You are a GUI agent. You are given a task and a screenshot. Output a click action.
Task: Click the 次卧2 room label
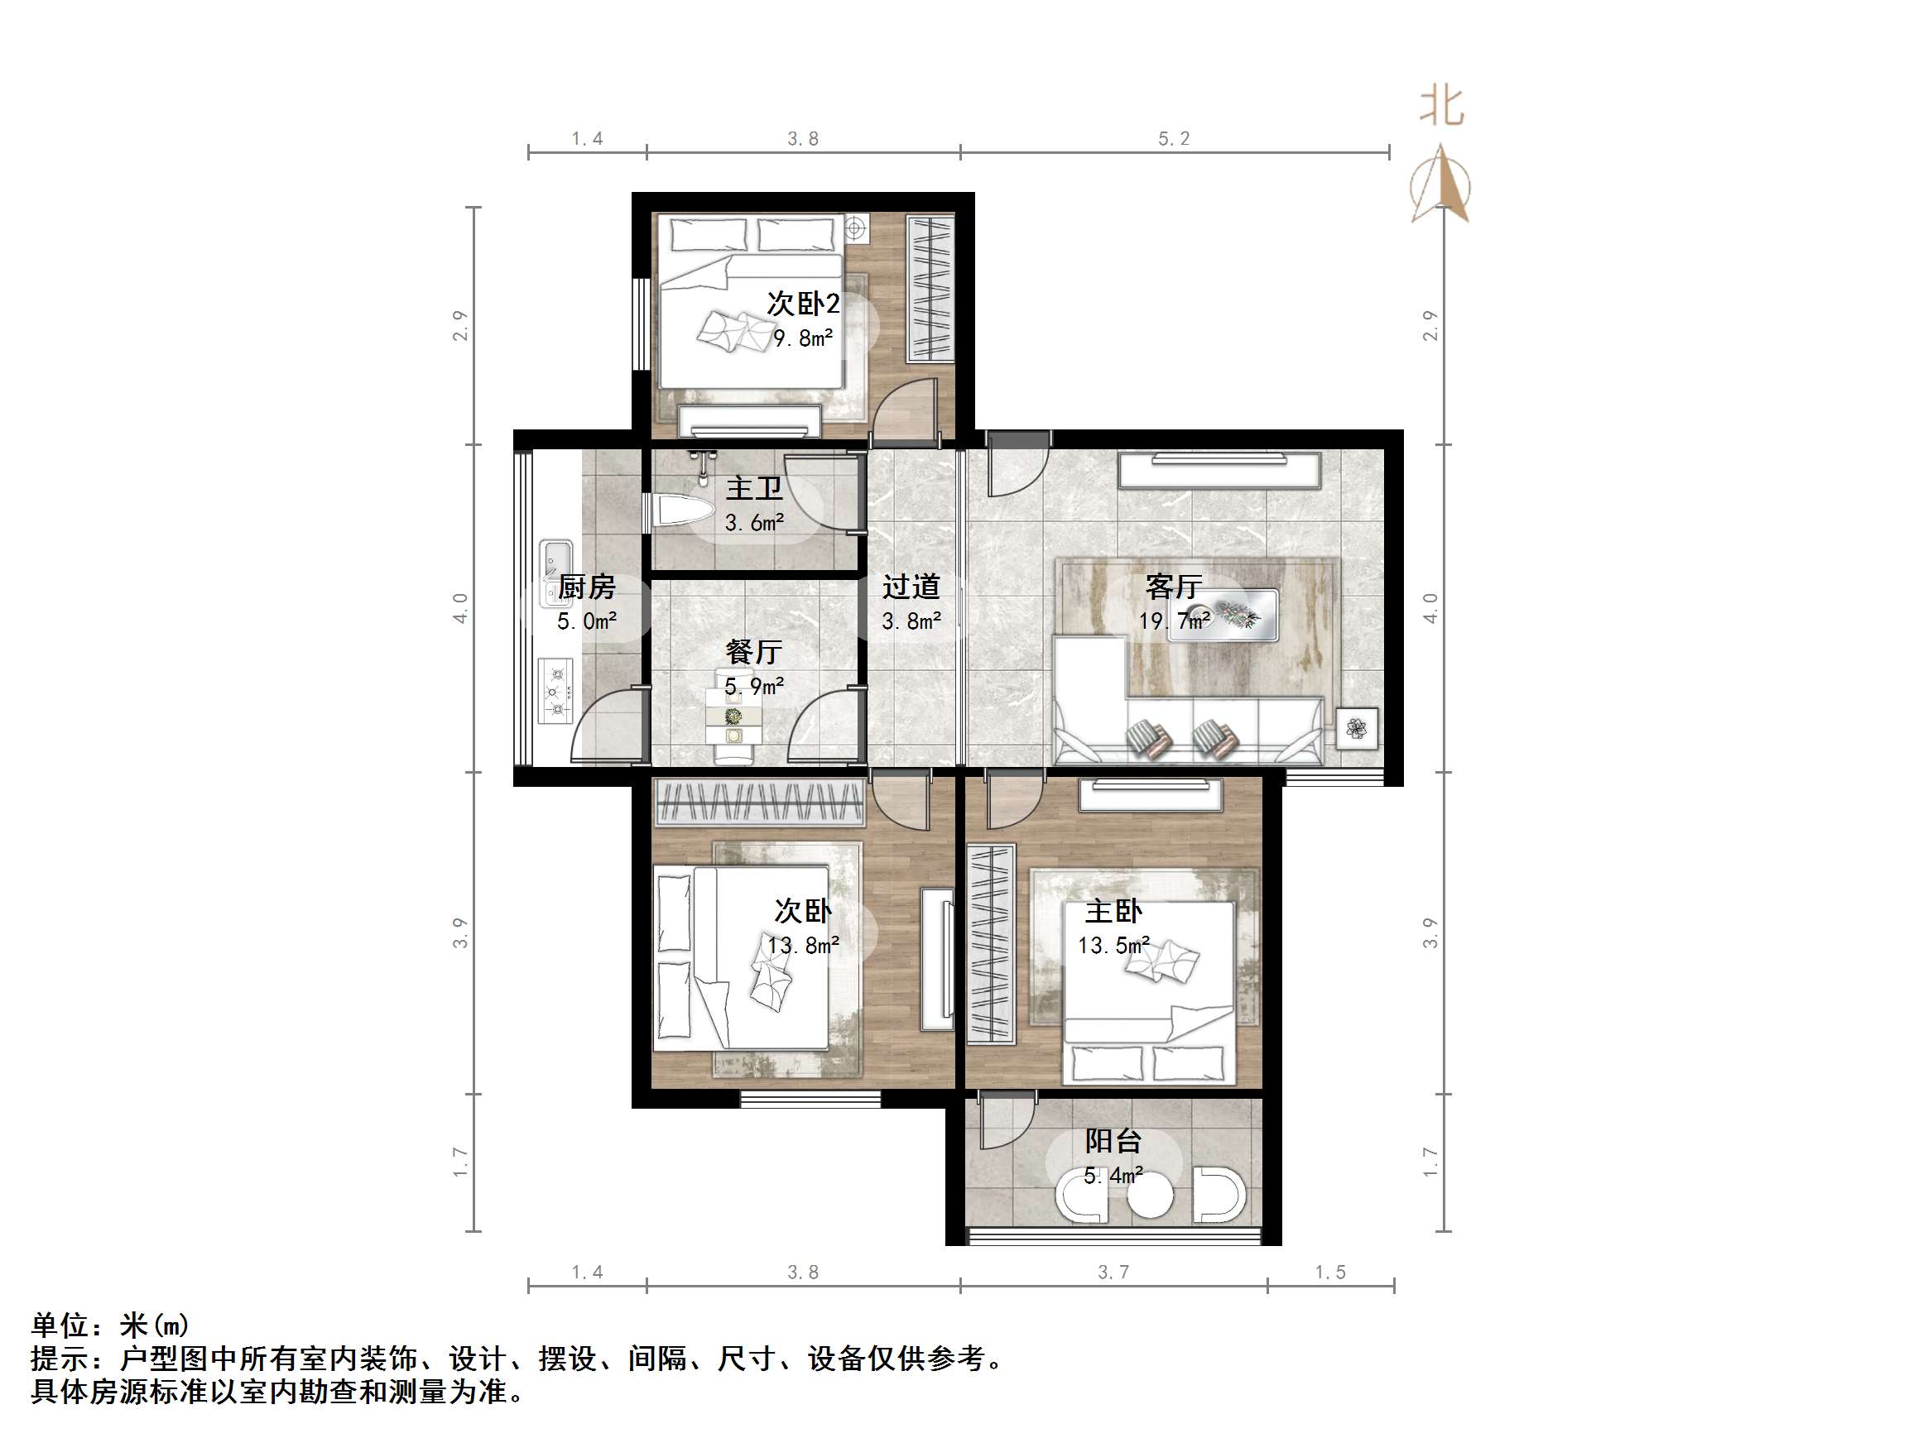(x=803, y=304)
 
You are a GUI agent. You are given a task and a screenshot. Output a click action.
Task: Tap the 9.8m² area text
(x=803, y=338)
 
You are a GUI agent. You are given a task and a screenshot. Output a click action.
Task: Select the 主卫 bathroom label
(x=753, y=488)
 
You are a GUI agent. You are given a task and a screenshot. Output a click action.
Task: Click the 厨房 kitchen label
(x=586, y=587)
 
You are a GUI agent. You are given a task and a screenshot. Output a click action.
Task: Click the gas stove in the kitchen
(x=555, y=691)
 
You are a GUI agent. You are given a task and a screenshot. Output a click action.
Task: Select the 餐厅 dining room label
(x=753, y=652)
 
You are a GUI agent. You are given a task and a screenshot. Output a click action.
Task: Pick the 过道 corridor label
(x=911, y=587)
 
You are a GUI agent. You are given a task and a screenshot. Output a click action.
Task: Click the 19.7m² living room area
(x=1174, y=621)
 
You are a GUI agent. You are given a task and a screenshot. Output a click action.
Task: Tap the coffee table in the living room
(x=1223, y=616)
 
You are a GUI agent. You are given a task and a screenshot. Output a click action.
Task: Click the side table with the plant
(x=1356, y=728)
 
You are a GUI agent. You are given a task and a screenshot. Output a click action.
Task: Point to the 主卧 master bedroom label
(x=1113, y=911)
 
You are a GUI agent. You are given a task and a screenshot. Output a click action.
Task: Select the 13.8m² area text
(x=803, y=945)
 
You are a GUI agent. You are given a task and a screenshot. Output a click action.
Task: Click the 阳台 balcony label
(x=1113, y=1141)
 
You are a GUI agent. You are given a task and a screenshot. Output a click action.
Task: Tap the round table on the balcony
(x=1150, y=1197)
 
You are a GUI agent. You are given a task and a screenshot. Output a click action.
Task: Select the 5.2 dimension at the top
(x=1174, y=139)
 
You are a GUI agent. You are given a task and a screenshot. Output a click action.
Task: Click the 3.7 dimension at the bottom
(x=1113, y=1273)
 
